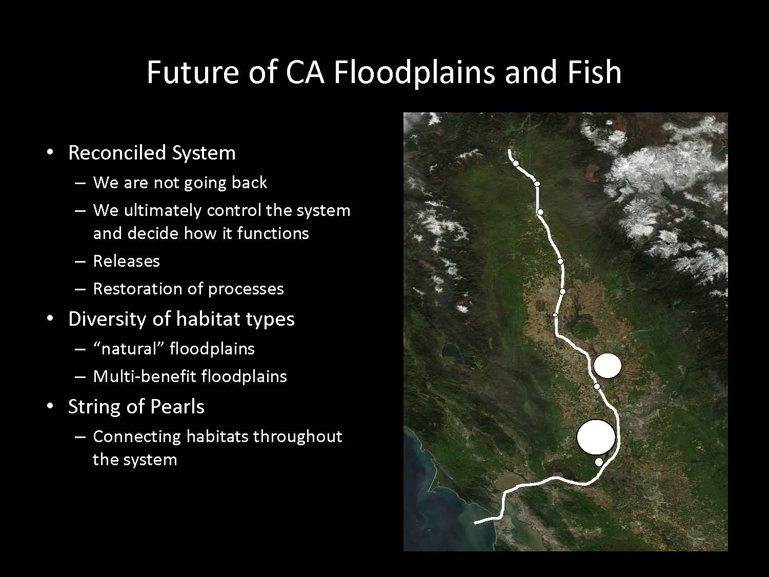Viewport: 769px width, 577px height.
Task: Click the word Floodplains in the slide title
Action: tap(414, 72)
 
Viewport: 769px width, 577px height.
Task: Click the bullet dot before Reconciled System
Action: tap(50, 152)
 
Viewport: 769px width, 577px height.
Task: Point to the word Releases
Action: tap(127, 261)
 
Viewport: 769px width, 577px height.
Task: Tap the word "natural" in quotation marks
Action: tap(129, 349)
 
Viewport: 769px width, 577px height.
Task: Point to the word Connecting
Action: tap(137, 437)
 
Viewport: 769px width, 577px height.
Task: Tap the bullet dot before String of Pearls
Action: tap(50, 406)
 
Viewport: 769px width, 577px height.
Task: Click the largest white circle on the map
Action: tap(596, 437)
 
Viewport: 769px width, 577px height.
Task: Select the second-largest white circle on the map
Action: tap(608, 365)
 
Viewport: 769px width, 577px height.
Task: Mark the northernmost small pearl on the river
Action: tap(516, 163)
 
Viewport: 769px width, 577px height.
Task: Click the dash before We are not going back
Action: tap(80, 183)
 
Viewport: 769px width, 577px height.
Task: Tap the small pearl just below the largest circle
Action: tap(599, 462)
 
